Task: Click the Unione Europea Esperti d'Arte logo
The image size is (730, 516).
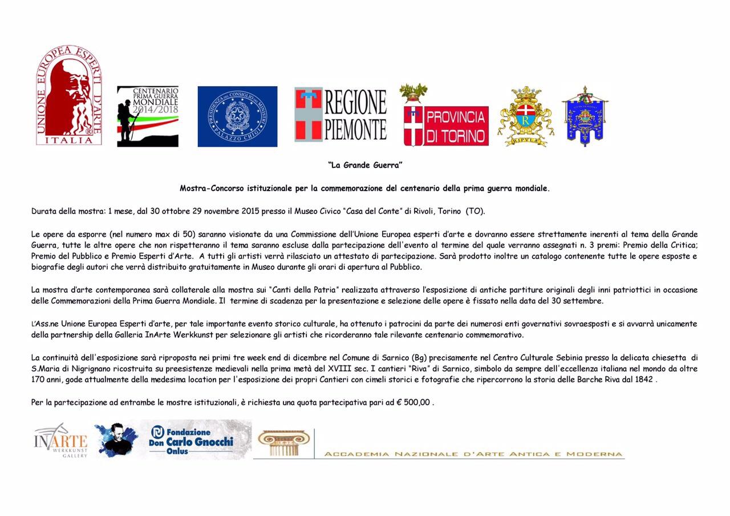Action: [69, 95]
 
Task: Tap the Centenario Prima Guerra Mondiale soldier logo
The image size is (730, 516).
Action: [147, 116]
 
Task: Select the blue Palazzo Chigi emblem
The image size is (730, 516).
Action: [237, 116]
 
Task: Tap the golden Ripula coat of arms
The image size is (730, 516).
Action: [525, 116]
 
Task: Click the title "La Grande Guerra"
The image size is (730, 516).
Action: [365, 166]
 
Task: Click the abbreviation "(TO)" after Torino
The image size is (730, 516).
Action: [475, 211]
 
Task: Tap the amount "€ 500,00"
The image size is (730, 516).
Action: [417, 402]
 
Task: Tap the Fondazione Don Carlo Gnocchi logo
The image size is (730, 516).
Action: [192, 440]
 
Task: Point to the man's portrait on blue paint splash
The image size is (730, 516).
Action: [116, 440]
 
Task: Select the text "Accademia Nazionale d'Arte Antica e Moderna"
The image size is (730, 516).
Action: [473, 454]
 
